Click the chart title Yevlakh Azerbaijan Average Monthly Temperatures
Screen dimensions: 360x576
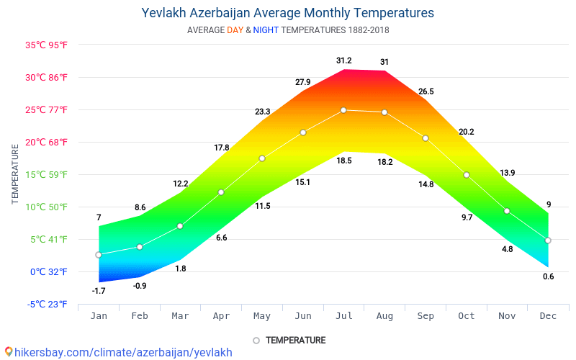[288, 13]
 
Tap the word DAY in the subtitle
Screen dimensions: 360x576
[235, 30]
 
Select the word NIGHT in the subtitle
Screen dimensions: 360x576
[266, 30]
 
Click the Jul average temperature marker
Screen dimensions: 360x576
[343, 110]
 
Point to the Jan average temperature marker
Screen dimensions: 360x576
[99, 255]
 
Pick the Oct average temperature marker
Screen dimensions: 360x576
[467, 175]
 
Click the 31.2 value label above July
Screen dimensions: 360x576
[343, 60]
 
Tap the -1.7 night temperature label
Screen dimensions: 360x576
[99, 291]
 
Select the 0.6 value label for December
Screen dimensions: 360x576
[549, 276]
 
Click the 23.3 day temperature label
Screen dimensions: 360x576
[262, 112]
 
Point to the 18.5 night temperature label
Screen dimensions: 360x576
[344, 161]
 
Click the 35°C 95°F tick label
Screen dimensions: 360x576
[47, 45]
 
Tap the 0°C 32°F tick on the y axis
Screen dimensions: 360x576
[48, 271]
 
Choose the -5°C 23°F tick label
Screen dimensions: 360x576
[48, 304]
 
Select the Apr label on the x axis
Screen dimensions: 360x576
[221, 315]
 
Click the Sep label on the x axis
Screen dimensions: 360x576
[426, 315]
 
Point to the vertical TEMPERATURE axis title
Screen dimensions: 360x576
[15, 174]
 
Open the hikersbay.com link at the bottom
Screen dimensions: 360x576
[123, 352]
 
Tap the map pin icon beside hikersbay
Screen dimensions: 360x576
[8, 352]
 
